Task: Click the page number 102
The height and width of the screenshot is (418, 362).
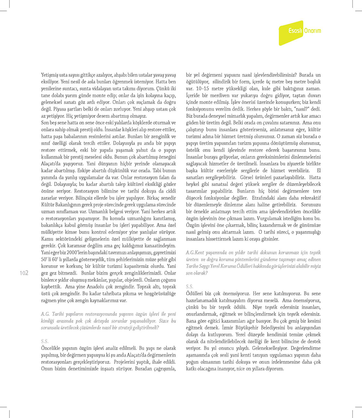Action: (x=24, y=273)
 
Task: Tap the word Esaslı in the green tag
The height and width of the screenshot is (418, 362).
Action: (x=295, y=31)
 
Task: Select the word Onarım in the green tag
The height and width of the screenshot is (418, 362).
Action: (x=312, y=31)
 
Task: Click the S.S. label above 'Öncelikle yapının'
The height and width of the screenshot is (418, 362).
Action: (x=45, y=341)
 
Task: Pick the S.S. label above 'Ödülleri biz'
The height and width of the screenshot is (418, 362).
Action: (x=190, y=287)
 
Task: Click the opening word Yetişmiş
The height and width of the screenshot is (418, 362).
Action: (x=50, y=75)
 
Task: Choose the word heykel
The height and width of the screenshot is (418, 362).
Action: (x=193, y=184)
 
